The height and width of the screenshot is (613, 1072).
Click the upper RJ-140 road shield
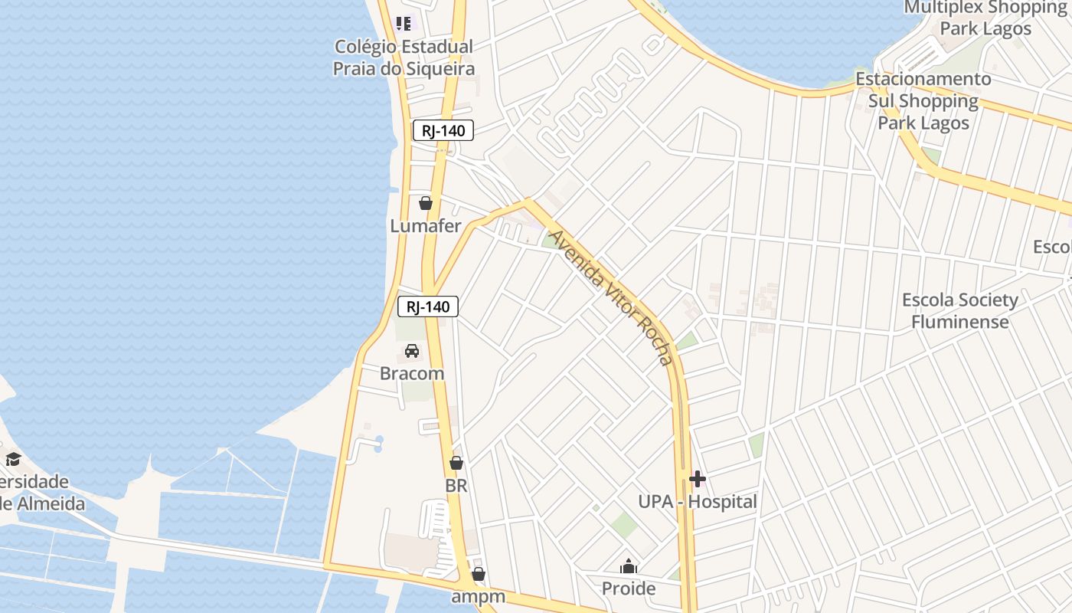443,130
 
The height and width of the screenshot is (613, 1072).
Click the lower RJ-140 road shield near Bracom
428,307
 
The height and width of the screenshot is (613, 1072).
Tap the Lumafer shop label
426,226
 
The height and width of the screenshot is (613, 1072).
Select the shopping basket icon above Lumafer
426,203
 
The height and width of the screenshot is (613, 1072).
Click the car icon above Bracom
412,351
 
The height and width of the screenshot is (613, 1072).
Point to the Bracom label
412,374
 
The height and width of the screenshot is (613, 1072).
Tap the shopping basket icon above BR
456,463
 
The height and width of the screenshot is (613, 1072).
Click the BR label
456,486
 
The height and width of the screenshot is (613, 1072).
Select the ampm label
479,596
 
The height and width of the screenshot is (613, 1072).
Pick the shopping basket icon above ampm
479,574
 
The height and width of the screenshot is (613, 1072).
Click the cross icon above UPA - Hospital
698,479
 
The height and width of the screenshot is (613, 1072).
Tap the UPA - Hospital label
698,502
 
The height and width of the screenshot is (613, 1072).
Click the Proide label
629,588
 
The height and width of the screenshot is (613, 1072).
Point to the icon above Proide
629,567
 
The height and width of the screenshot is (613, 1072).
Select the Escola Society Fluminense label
960,310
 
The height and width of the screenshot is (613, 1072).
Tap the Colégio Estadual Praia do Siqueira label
404,57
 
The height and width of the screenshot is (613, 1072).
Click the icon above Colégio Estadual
404,24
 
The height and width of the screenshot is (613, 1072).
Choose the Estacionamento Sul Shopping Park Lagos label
923,100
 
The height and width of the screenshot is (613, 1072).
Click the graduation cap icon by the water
13,459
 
